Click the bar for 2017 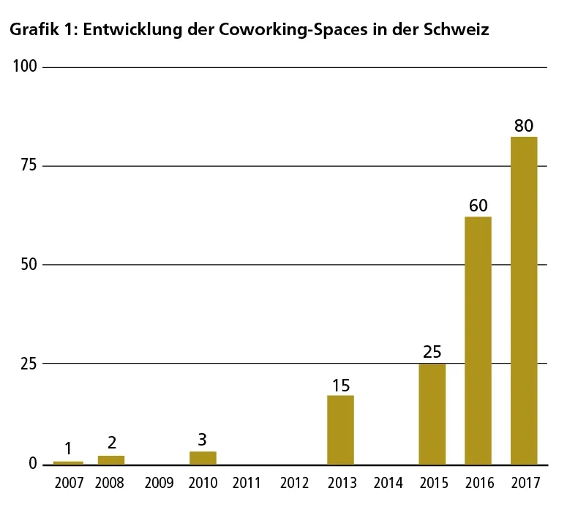click(523, 300)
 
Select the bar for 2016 click(478, 340)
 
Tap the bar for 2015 click(432, 413)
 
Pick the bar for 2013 click(340, 429)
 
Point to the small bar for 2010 click(203, 458)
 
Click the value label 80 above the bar click(523, 126)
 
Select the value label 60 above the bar click(478, 206)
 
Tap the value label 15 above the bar click(340, 384)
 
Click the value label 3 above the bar click(203, 440)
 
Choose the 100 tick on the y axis click(25, 67)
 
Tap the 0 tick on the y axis click(32, 464)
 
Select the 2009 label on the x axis click(159, 484)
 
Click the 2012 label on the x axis click(294, 484)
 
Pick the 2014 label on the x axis click(388, 484)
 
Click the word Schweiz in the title click(459, 31)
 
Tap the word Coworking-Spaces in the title click(303, 31)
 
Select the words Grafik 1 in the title click(37, 31)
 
